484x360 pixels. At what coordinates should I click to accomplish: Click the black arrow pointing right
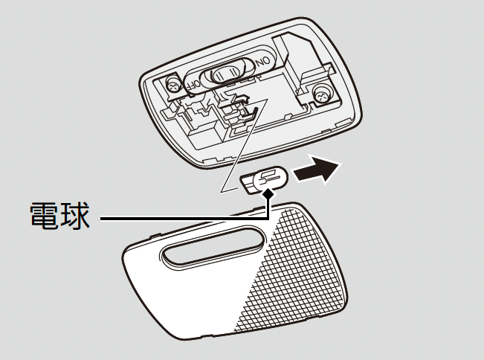point(318,171)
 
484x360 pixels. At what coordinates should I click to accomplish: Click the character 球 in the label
point(77,218)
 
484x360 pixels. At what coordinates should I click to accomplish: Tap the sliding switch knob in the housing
point(228,72)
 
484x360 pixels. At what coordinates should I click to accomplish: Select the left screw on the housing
point(172,86)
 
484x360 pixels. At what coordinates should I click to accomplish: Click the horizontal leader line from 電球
point(178,219)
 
